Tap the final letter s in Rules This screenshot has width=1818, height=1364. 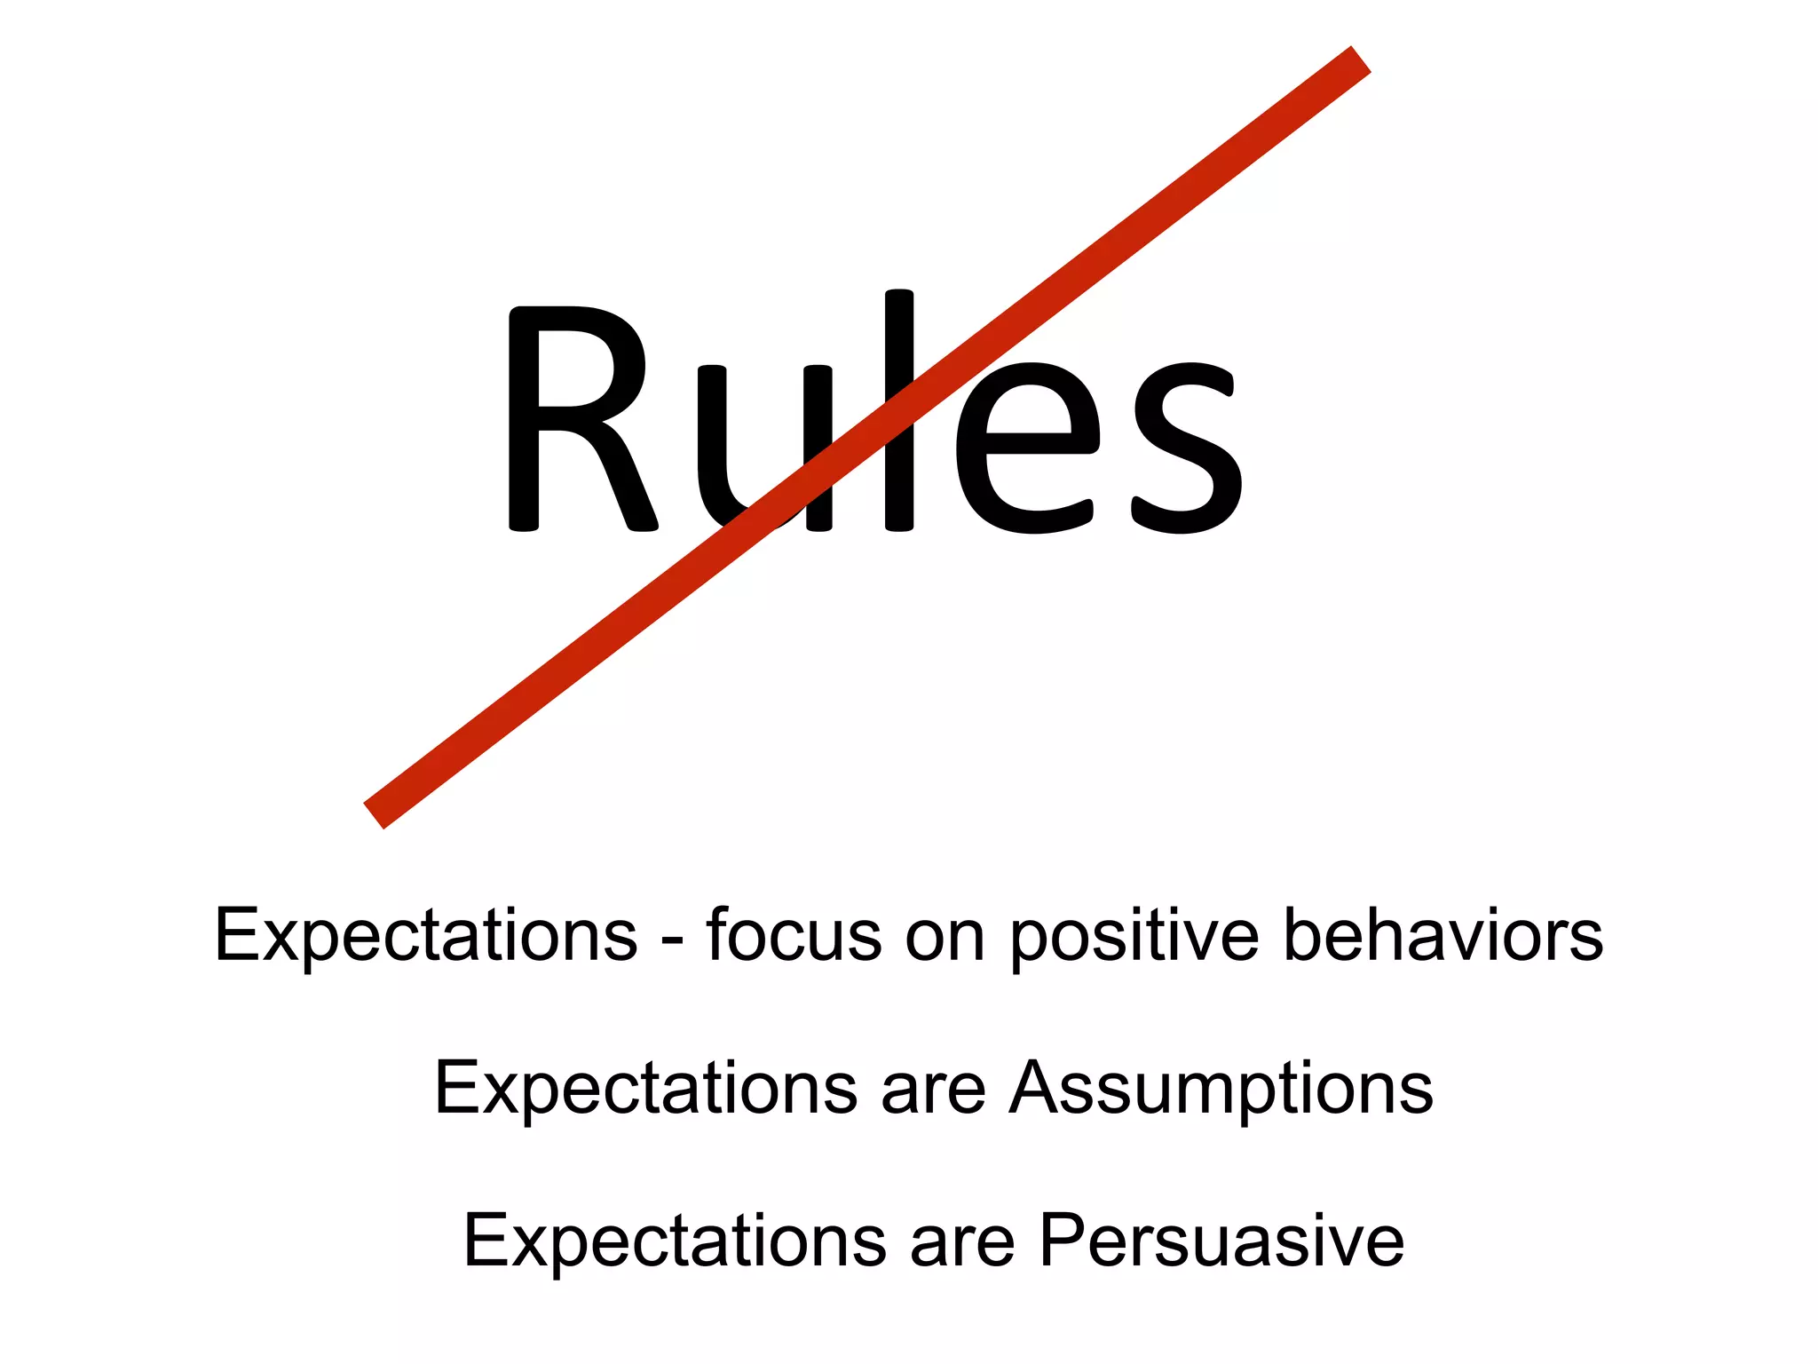click(x=1188, y=448)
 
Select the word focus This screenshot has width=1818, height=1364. click(x=794, y=935)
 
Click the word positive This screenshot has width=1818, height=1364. click(x=1134, y=935)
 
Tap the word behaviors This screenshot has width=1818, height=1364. click(x=1443, y=935)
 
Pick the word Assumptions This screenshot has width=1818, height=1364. click(x=1221, y=1089)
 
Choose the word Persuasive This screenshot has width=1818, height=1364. click(x=1221, y=1241)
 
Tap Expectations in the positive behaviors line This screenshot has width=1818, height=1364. click(x=426, y=935)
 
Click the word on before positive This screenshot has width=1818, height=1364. click(x=945, y=938)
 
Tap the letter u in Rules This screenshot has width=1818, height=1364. click(x=765, y=448)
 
